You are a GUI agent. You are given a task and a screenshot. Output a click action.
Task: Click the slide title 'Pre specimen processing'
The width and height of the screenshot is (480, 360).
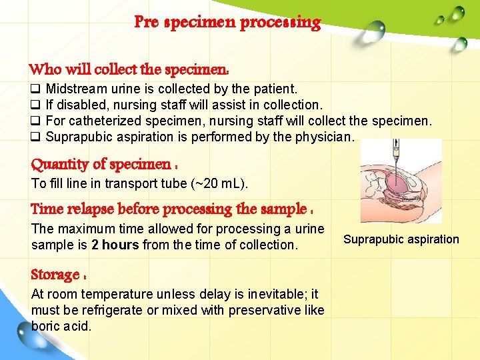click(227, 23)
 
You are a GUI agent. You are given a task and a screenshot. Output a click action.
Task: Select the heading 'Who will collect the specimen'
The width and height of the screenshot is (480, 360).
click(130, 69)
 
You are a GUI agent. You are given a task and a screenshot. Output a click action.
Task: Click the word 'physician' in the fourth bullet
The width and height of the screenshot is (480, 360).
click(323, 137)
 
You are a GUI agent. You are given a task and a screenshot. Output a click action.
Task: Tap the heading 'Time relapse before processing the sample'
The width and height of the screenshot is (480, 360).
click(172, 209)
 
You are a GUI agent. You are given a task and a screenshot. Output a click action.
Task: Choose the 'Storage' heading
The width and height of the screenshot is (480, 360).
click(58, 275)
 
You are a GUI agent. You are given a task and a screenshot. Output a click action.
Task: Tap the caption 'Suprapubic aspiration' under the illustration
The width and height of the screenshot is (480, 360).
click(401, 239)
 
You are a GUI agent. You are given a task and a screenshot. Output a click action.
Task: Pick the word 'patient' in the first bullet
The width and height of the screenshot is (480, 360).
click(276, 89)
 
